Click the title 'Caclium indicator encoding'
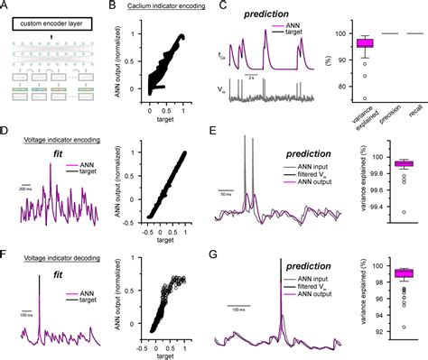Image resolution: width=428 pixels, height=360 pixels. [x=161, y=6]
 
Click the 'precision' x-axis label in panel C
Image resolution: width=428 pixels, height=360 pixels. [x=388, y=115]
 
